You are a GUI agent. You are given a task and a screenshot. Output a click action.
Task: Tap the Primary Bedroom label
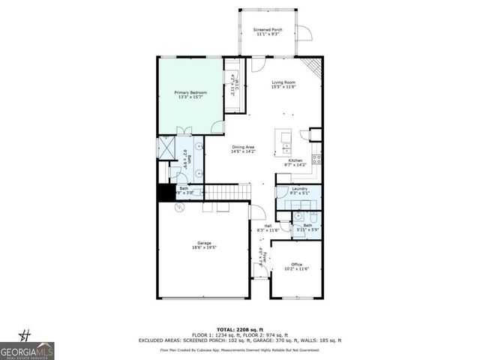tap(190, 94)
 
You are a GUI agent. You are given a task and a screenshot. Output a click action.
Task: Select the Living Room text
tap(283, 85)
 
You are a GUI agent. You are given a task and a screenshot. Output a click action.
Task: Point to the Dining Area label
tap(244, 148)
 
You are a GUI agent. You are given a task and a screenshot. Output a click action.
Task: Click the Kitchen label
tap(295, 160)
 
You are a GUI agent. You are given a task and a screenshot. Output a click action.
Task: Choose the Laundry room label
tap(299, 190)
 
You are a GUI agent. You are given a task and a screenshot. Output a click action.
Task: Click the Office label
tap(296, 265)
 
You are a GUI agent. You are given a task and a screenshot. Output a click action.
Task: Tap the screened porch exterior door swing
tap(303, 34)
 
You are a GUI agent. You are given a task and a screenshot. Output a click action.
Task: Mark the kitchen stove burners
tap(317, 158)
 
